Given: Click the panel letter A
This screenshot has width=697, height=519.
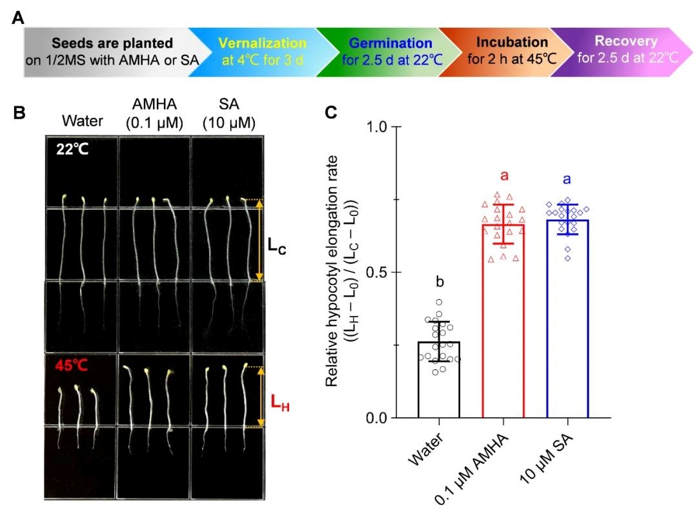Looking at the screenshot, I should coord(19,17).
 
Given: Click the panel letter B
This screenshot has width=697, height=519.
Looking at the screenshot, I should coord(19,113).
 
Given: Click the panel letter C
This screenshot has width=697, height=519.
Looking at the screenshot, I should coord(331,113).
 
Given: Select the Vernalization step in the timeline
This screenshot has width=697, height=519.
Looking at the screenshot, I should coord(262,51).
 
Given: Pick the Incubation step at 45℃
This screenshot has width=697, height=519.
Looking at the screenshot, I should coord(511,50).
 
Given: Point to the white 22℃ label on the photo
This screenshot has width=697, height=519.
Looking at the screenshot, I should coord(71,150).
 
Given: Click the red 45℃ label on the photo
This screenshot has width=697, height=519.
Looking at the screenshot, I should coord(70,365).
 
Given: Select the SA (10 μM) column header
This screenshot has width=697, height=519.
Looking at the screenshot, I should coord(228,113).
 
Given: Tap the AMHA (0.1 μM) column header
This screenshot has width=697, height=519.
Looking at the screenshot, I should coord(155,113).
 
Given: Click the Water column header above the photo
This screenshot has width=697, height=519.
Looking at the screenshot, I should coord(81,121).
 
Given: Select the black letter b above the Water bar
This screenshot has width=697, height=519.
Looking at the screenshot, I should coord(438,282).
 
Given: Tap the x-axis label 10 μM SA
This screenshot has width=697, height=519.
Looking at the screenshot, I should coord(549,460).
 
